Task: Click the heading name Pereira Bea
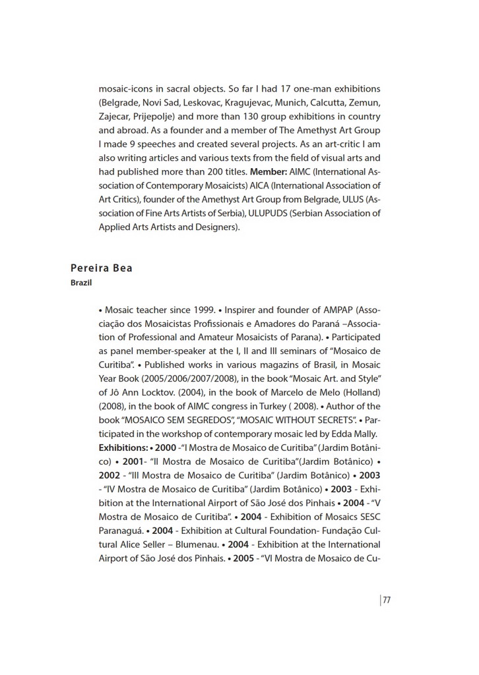[x=101, y=268]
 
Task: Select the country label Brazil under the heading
[x=80, y=283]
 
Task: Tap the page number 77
[x=387, y=600]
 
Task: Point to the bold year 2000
[x=166, y=448]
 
